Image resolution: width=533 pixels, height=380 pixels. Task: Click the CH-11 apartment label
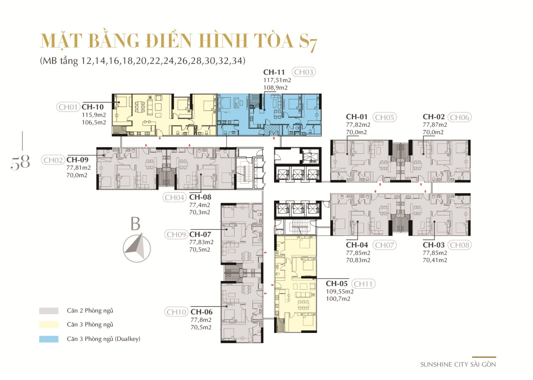point(274,72)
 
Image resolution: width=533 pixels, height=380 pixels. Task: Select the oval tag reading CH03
point(303,72)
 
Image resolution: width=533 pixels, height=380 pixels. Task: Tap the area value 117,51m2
point(277,80)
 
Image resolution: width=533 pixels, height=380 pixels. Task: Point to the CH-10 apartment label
point(92,107)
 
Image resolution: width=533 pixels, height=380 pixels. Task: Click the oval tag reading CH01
point(68,107)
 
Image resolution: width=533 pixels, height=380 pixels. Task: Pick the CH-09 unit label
point(77,160)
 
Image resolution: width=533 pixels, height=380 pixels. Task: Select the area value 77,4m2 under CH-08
point(200,205)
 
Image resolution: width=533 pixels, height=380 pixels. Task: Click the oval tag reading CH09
point(176,235)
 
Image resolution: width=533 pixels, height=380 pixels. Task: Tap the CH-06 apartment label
point(202,312)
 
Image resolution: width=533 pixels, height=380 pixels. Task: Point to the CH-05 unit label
point(336,284)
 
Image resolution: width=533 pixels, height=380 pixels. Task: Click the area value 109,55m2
point(340,292)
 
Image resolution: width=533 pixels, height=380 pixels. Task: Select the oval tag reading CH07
point(384,245)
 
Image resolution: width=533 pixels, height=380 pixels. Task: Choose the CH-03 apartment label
point(434,245)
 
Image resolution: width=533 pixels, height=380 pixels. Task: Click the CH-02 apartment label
point(434,117)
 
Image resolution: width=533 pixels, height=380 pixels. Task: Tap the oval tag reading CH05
point(384,117)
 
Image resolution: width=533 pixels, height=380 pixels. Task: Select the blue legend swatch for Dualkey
point(49,339)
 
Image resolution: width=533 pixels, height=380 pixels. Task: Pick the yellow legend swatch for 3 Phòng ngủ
point(49,324)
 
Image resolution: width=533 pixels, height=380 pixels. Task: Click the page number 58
point(20,162)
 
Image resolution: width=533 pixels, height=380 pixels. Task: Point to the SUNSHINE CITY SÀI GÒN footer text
point(458,364)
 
